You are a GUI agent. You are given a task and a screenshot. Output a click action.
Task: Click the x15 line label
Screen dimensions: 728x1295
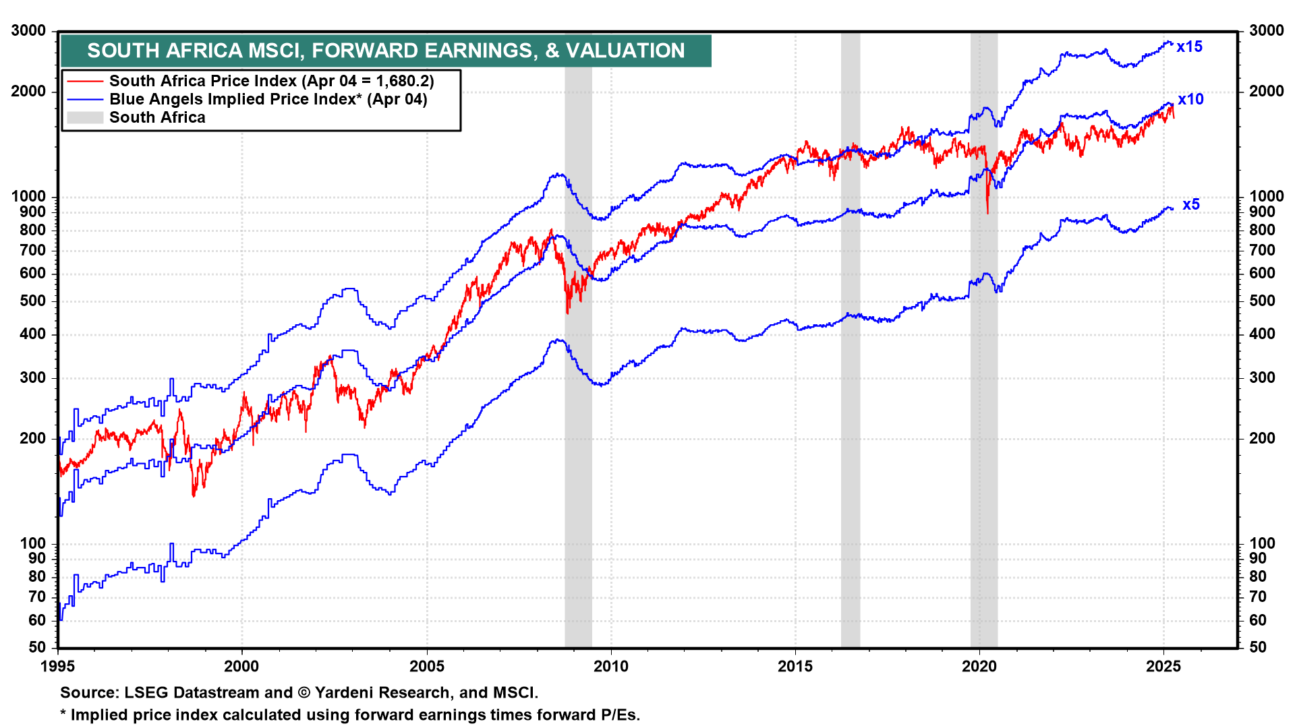click(x=1190, y=47)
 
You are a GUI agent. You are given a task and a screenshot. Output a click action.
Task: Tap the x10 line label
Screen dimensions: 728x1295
click(x=1190, y=100)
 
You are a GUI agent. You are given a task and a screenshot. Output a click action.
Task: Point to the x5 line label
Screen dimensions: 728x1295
click(x=1191, y=205)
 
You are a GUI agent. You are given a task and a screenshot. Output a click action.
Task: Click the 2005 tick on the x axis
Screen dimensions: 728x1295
click(x=427, y=667)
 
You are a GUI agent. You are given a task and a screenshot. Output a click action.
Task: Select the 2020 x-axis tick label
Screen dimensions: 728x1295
click(x=979, y=667)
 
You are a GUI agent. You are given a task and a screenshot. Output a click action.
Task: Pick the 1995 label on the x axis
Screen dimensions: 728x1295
click(x=58, y=667)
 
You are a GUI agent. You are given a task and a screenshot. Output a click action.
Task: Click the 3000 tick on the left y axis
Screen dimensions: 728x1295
click(x=29, y=31)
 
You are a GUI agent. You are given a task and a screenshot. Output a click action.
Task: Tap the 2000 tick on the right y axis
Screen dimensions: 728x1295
click(x=1266, y=92)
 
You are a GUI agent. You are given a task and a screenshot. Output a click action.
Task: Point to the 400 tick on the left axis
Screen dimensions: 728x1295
click(x=32, y=334)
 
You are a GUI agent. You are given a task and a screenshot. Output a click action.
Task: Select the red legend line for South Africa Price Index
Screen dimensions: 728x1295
click(x=85, y=82)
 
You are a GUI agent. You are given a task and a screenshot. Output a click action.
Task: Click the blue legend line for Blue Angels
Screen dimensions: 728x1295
click(x=85, y=100)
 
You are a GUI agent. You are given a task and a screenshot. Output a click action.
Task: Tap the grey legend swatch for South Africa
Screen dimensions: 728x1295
click(x=85, y=118)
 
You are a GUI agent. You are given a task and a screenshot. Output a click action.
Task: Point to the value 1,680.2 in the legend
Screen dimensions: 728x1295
click(x=402, y=82)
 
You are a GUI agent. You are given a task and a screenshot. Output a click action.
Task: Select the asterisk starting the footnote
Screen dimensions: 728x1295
click(x=63, y=715)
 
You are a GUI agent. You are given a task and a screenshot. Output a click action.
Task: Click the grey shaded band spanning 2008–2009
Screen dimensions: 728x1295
click(x=578, y=404)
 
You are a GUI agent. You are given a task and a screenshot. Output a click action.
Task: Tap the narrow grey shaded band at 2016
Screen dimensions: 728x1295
click(x=851, y=404)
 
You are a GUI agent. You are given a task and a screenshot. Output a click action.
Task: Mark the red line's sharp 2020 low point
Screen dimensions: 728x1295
click(x=987, y=213)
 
